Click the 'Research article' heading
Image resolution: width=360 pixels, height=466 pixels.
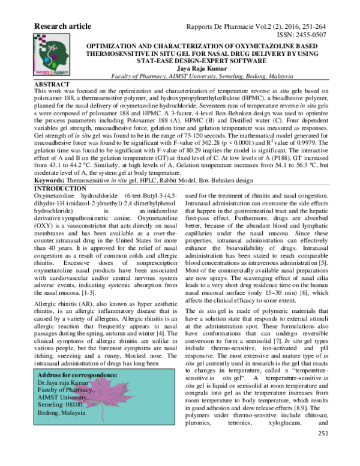pyautogui.click(x=63, y=26)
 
